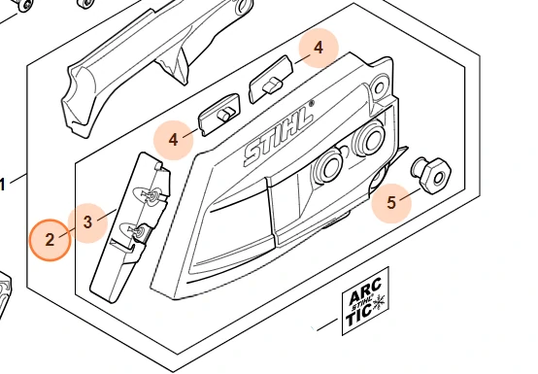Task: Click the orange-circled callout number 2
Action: [x=50, y=240]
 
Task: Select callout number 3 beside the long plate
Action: [x=87, y=222]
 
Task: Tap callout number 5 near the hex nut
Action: [x=391, y=202]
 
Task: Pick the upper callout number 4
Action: [x=319, y=48]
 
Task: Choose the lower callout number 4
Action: [x=173, y=140]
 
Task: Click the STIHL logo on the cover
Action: [x=279, y=134]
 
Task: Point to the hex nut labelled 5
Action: [x=432, y=176]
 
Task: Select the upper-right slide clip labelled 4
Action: [x=271, y=80]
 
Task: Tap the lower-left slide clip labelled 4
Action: [x=219, y=115]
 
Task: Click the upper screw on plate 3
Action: [x=152, y=195]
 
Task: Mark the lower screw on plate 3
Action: [x=137, y=230]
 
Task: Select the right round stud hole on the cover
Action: [x=369, y=140]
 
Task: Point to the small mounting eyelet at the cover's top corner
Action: [x=379, y=88]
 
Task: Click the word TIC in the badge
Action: [x=358, y=315]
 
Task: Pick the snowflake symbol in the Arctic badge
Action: [x=379, y=302]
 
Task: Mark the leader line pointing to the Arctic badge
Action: [x=327, y=324]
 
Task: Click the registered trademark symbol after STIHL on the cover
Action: [x=312, y=103]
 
